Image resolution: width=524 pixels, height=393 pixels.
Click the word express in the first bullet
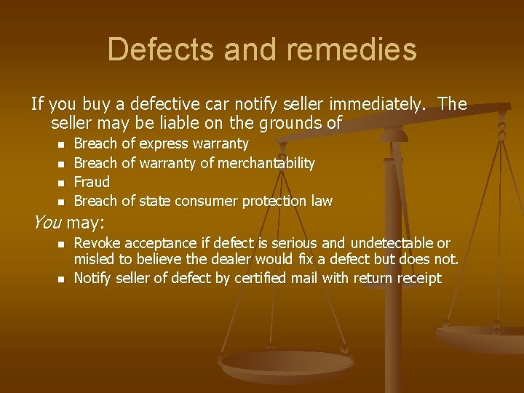(164, 144)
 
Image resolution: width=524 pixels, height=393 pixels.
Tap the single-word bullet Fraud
(92, 182)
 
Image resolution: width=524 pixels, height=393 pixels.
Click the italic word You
(47, 221)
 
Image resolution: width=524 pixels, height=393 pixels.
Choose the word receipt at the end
(418, 278)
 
